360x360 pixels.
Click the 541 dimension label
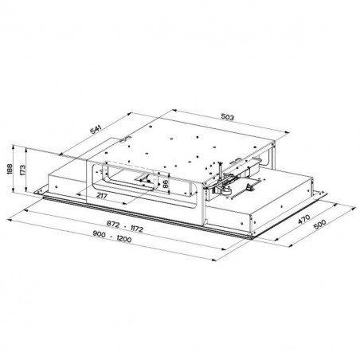coord(96,129)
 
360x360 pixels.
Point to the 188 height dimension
coord(9,169)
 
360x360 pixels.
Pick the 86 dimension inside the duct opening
coord(165,185)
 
